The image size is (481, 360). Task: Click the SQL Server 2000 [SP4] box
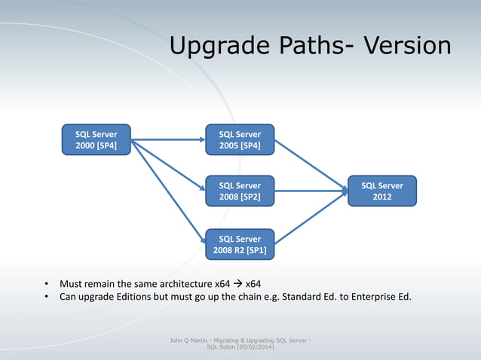[x=96, y=140]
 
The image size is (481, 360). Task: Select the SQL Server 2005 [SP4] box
[x=240, y=140]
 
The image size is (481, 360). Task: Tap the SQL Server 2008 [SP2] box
[x=240, y=191]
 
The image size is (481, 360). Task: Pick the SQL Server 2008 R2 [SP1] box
[x=240, y=244]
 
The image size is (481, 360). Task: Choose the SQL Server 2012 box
[x=381, y=191]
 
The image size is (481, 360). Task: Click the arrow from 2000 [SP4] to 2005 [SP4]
[x=167, y=139]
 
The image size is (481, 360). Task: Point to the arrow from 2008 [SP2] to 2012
[x=309, y=191]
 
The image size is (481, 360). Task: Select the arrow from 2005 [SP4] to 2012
[x=309, y=166]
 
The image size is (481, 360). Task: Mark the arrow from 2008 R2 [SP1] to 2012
[x=309, y=218]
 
